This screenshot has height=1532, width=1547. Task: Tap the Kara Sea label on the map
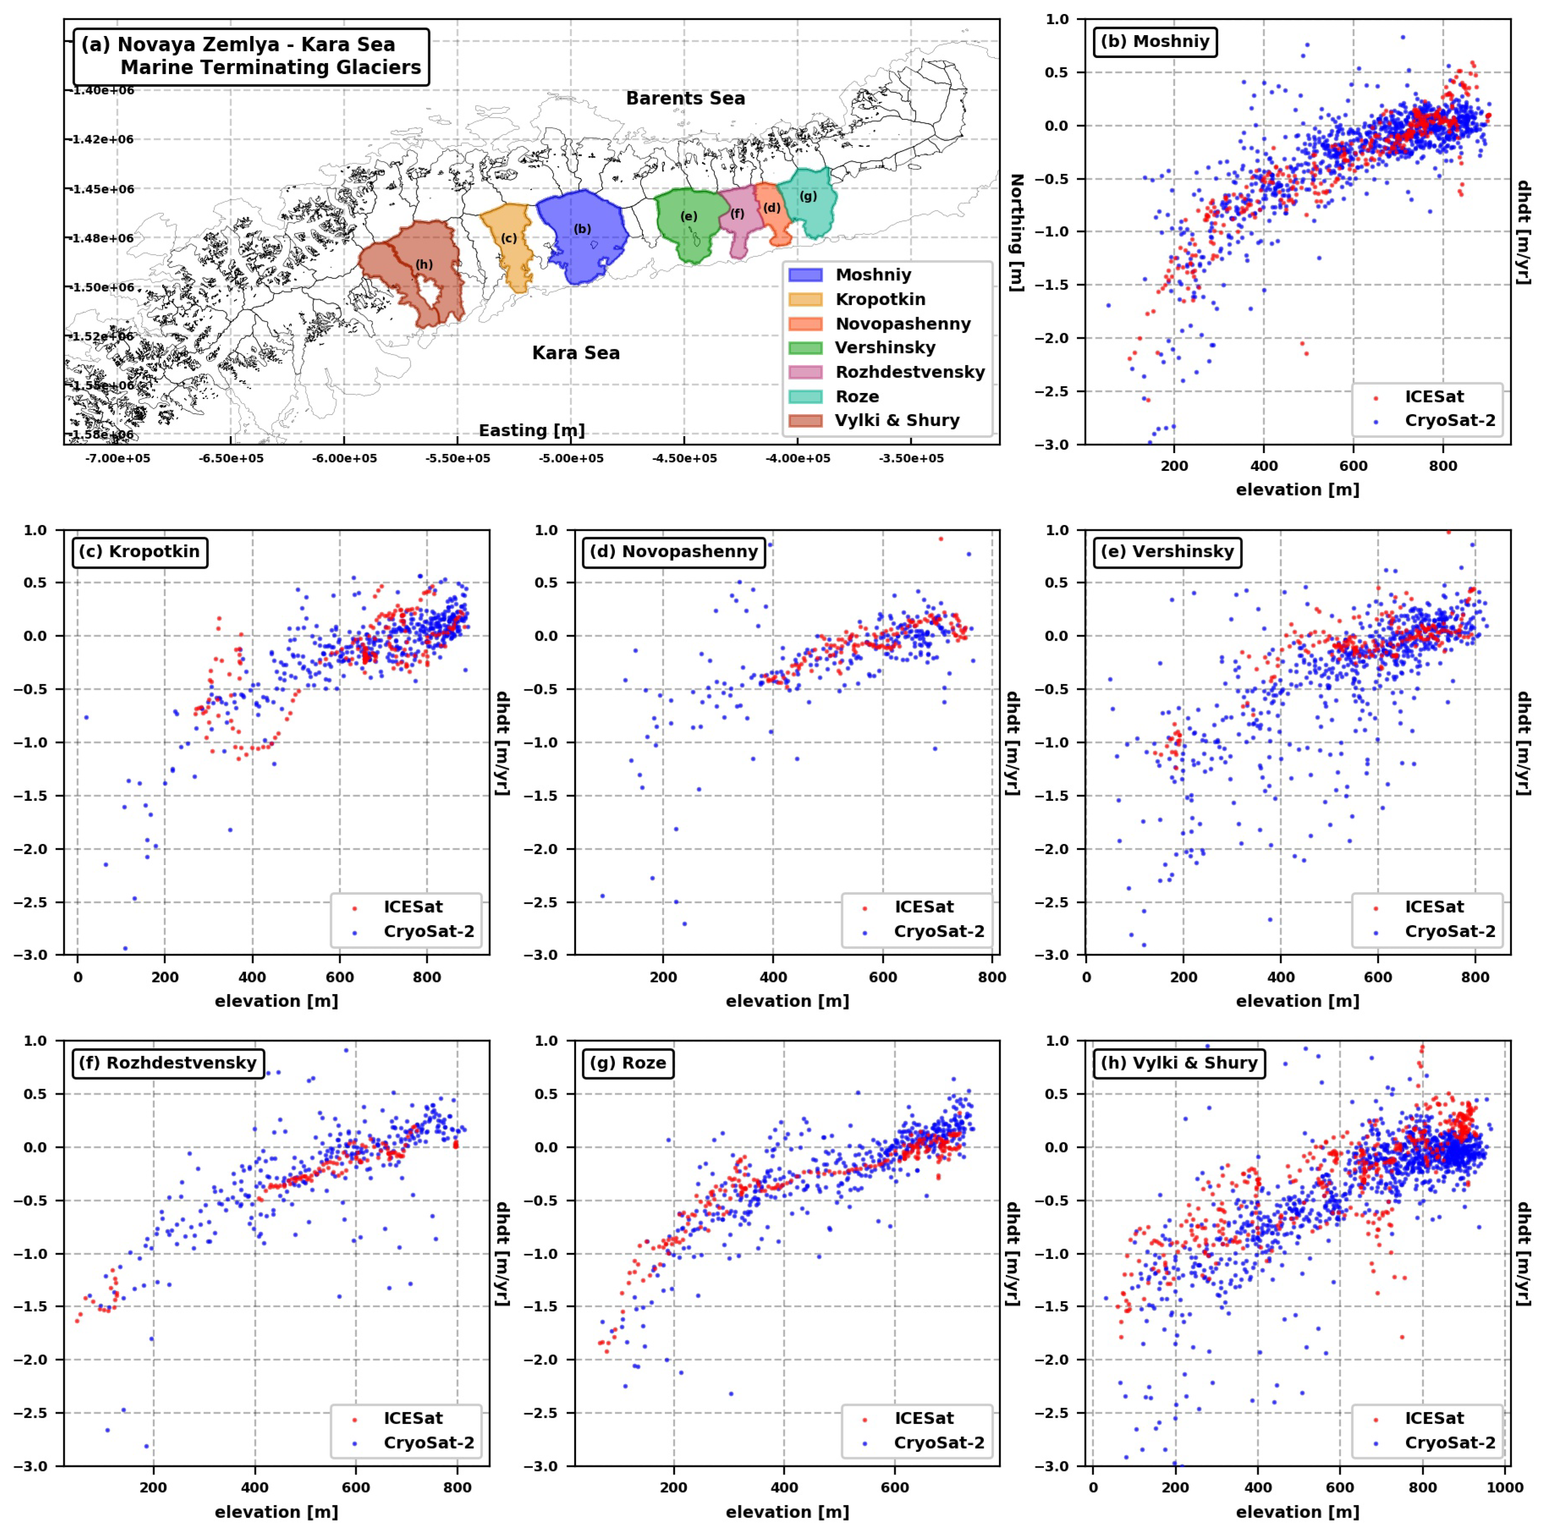(576, 353)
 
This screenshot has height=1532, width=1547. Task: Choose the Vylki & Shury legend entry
(897, 420)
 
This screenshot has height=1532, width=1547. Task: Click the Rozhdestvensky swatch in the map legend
(805, 372)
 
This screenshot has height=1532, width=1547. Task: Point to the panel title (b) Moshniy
(1155, 41)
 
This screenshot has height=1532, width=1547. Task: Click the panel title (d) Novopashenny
(673, 552)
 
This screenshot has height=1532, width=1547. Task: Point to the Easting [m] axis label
(531, 431)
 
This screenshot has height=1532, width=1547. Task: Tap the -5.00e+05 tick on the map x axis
(571, 459)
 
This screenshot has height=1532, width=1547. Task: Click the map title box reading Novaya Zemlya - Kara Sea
(251, 56)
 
